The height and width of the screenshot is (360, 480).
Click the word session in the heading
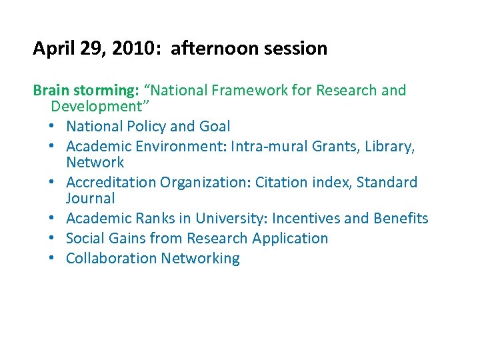click(x=296, y=49)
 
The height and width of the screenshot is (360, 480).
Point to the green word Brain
click(x=49, y=90)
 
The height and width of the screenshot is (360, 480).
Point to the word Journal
click(x=91, y=199)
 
